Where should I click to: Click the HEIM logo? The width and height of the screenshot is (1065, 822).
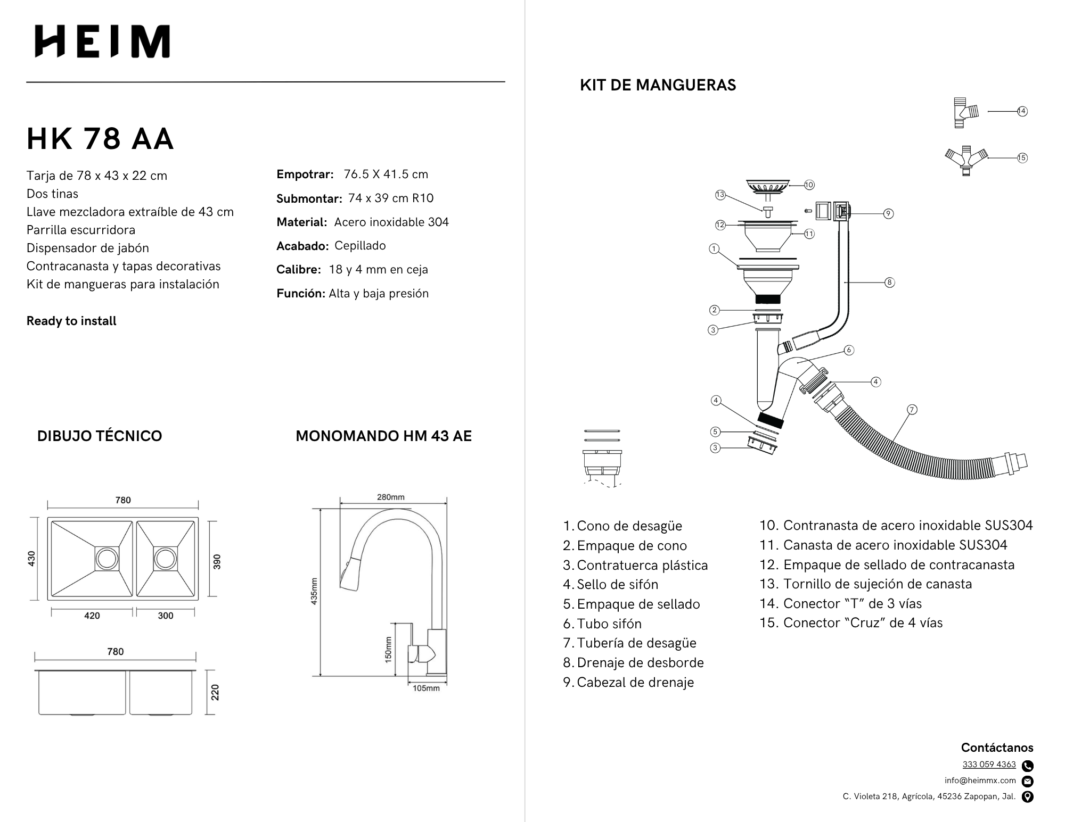102,41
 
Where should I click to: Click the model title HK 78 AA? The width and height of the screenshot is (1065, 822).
100,139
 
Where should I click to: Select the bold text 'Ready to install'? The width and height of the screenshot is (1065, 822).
71,321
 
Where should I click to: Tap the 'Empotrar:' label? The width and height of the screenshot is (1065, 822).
305,175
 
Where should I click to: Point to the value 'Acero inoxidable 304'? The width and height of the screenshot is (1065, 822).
391,222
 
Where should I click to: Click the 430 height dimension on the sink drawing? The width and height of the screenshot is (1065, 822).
31,558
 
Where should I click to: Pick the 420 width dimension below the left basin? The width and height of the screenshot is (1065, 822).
92,616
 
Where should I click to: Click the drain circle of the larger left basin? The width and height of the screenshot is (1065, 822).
107,559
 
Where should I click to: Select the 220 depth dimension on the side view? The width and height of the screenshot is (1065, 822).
215,692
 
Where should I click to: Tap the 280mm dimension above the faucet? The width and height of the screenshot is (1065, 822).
391,497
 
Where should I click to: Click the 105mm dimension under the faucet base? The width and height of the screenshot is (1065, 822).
426,688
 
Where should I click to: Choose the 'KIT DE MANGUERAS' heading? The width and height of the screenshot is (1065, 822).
658,85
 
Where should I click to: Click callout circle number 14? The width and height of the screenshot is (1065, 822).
1022,111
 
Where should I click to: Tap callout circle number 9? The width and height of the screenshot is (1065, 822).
888,213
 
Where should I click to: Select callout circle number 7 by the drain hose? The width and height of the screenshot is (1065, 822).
912,409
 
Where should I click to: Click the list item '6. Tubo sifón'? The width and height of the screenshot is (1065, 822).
602,624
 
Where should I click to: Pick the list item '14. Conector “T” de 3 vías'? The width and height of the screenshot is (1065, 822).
840,603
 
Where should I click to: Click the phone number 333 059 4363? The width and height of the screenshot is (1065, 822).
989,765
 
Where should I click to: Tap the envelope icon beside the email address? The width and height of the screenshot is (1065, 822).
1028,781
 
